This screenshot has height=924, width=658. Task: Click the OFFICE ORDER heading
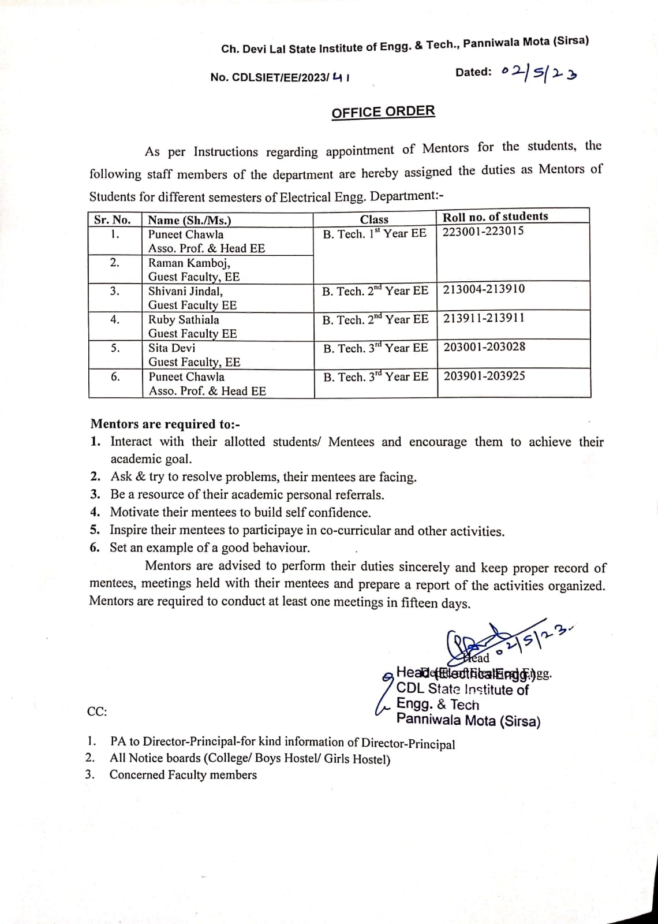point(383,111)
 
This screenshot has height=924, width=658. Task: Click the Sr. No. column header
point(113,219)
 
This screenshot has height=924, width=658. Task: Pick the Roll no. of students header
point(495,217)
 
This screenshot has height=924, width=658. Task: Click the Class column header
point(374,219)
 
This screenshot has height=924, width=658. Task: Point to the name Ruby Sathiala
point(184,319)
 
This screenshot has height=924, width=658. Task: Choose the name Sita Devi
point(171,348)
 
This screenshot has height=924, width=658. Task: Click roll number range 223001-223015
point(483,231)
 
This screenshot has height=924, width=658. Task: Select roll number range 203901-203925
point(484,376)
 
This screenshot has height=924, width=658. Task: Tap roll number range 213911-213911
point(484,318)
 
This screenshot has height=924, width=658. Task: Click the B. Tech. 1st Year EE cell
point(374,233)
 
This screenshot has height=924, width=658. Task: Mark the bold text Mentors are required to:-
point(165,424)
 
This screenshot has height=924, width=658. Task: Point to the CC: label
point(97,711)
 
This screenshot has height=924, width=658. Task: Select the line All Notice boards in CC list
point(250,758)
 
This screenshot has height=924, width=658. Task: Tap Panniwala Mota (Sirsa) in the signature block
point(468,721)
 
